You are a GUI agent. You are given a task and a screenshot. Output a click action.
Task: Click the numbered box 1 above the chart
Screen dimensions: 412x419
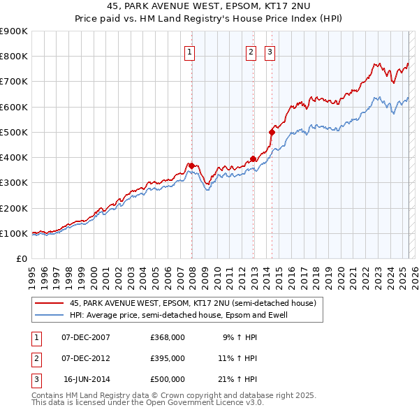point(190,51)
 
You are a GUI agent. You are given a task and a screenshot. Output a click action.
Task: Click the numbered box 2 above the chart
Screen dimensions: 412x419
point(251,51)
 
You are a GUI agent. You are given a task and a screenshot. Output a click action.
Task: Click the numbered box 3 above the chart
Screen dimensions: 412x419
point(270,51)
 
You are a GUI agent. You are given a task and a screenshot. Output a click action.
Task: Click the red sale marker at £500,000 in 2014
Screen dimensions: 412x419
point(272,131)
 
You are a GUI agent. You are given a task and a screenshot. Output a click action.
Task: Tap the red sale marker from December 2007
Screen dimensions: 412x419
point(191,165)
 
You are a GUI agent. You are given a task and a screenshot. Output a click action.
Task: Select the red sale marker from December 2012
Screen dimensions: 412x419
point(253,159)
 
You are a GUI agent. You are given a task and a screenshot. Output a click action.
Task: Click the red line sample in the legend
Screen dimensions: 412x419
point(50,303)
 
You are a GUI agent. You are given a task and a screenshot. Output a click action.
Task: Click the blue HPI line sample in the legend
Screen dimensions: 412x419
point(50,315)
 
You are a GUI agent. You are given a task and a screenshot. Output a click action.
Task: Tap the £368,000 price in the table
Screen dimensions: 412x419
point(167,337)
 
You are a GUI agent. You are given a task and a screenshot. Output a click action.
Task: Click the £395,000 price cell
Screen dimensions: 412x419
point(167,358)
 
